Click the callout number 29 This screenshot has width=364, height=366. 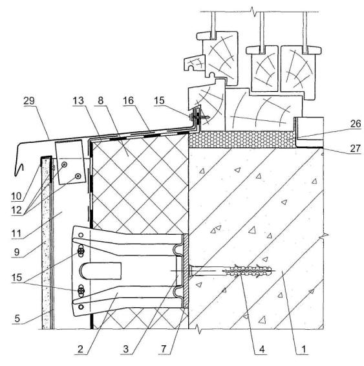pos(29,101)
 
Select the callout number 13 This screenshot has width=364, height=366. pos(78,101)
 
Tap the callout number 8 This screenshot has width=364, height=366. pos(101,101)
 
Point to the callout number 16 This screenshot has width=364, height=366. pos(128,101)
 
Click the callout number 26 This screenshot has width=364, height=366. pos(356,124)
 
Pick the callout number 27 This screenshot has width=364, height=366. pos(355,149)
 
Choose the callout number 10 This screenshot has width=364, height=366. pos(16,197)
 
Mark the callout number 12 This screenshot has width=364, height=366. pos(17,210)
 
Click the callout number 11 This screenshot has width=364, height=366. pos(16,233)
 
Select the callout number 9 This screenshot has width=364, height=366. pos(17,252)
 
